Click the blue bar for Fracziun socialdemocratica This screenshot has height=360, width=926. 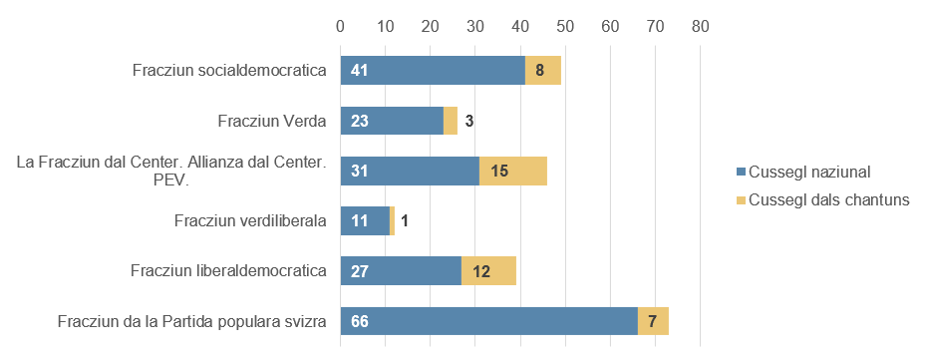point(433,71)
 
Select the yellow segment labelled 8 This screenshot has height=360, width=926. point(542,71)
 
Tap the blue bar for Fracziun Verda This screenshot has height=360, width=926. point(392,121)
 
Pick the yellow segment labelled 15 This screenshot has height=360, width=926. point(512,171)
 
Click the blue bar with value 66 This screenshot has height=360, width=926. point(488,321)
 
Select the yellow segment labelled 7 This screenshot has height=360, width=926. point(652,321)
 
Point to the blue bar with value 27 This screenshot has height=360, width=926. point(401,271)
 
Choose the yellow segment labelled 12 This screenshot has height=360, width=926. point(488,271)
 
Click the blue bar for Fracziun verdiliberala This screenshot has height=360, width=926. point(365,220)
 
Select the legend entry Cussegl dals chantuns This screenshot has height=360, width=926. point(820,199)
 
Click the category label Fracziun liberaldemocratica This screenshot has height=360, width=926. point(229,270)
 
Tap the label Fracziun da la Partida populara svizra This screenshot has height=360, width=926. point(192,321)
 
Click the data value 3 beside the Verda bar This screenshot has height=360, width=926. point(468,122)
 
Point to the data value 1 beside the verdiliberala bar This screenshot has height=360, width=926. point(405,221)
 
